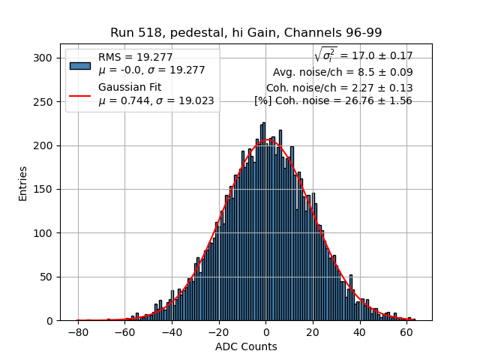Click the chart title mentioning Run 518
(x=246, y=32)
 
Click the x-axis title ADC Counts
(x=246, y=346)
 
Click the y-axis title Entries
(x=23, y=183)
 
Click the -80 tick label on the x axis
(x=78, y=331)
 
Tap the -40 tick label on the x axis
(x=172, y=331)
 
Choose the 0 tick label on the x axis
(x=265, y=331)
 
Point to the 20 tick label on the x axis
(x=313, y=331)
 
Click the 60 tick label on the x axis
(x=406, y=331)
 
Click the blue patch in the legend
(x=79, y=65)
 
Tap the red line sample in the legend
(x=79, y=94)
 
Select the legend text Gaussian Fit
(x=130, y=88)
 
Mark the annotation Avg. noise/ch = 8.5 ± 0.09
(x=343, y=73)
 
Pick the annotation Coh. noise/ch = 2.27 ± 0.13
(x=339, y=88)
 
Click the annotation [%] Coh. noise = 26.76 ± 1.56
(x=333, y=100)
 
